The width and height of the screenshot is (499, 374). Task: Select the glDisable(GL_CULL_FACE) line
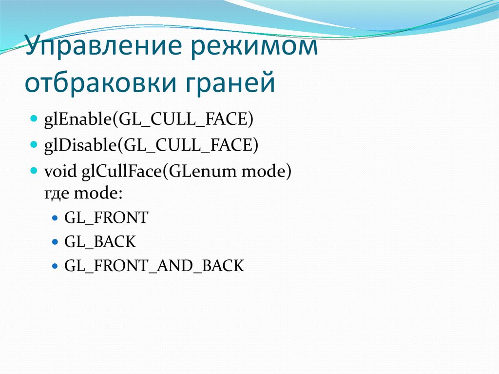pos(151,145)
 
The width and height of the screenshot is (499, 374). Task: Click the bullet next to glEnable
pos(34,119)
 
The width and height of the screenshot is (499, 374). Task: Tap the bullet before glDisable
pos(34,145)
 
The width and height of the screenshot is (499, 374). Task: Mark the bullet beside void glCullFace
pos(34,172)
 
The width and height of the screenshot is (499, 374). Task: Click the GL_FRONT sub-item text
pos(106,217)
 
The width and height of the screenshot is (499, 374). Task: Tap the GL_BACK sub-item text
pos(100,241)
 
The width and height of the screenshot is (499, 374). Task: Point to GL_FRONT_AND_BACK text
pos(154,266)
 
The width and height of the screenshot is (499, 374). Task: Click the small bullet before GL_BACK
pos(55,242)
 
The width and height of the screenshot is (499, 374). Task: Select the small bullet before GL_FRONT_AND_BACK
pos(55,266)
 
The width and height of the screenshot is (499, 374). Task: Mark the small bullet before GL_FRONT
pos(55,218)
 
